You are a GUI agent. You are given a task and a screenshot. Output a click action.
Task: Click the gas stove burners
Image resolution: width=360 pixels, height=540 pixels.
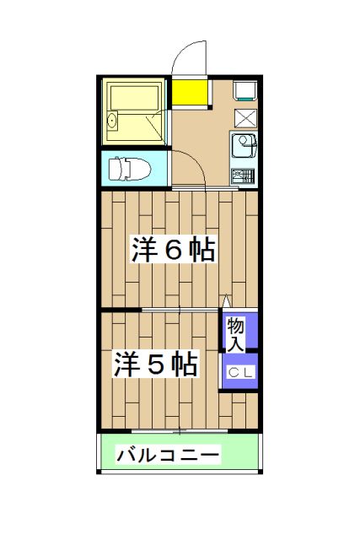243,177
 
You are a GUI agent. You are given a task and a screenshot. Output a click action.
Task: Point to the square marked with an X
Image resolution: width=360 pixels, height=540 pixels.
245,118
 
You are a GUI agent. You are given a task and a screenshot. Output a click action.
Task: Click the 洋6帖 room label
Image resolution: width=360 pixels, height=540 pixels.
172,251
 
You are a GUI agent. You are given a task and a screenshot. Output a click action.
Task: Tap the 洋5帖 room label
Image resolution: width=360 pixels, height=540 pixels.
157,364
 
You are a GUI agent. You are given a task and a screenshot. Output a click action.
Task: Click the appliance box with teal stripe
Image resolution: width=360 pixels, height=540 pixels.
244,90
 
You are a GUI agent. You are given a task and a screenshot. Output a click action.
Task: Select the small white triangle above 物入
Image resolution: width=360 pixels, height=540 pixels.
226,301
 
